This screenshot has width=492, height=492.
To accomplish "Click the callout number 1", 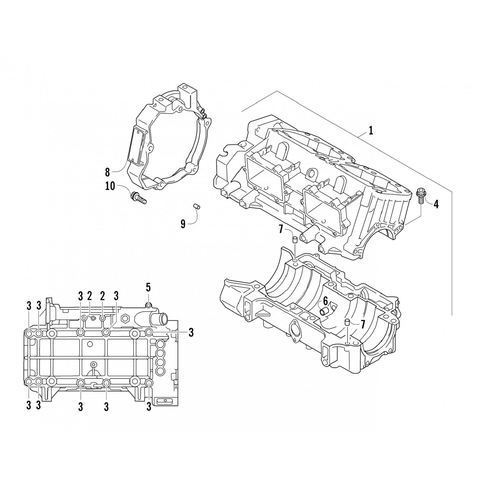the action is click(371, 131).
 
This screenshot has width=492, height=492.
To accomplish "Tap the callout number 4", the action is click(436, 204).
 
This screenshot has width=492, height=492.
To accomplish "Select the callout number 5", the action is click(148, 288).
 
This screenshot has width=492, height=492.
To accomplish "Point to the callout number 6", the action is click(325, 300).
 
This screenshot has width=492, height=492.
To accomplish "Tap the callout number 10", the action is click(111, 186).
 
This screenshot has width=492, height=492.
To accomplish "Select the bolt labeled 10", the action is click(139, 198).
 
